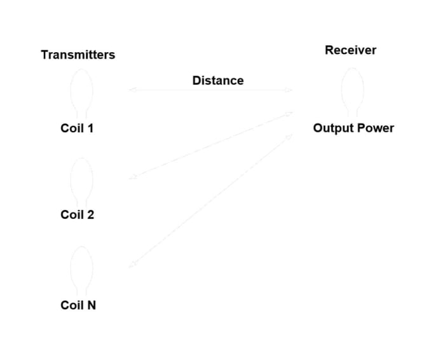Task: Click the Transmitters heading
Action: point(78,55)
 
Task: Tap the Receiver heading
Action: point(350,50)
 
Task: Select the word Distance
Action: point(218,80)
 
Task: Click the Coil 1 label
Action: point(77,128)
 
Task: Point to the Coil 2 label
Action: point(77,214)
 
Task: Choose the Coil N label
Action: point(78,305)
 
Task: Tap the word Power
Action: point(374,128)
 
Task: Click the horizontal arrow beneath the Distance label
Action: point(210,90)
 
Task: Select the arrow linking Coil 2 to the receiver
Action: point(210,146)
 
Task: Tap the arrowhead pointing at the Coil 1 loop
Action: point(131,90)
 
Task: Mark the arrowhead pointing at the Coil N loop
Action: point(131,265)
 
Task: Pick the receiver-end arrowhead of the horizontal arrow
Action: point(289,90)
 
